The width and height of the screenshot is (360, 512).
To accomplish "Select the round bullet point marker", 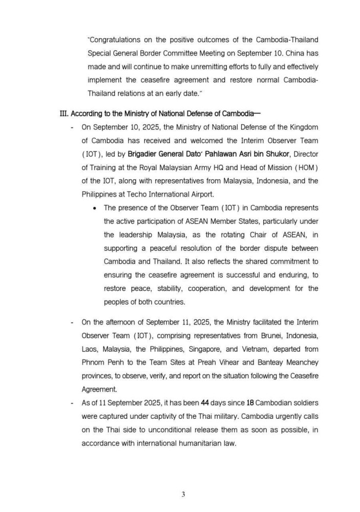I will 95,208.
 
